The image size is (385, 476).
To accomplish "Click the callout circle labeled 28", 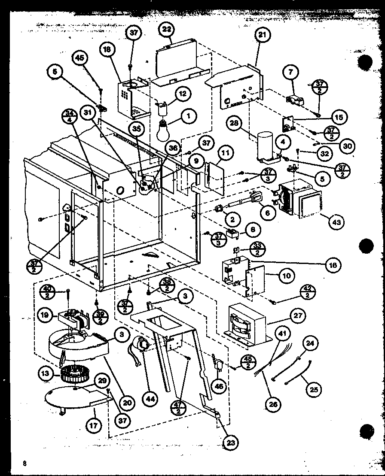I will pos(235,123).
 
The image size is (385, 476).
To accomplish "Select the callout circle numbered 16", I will pos(333,264).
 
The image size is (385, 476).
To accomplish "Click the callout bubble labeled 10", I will pos(287,275).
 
